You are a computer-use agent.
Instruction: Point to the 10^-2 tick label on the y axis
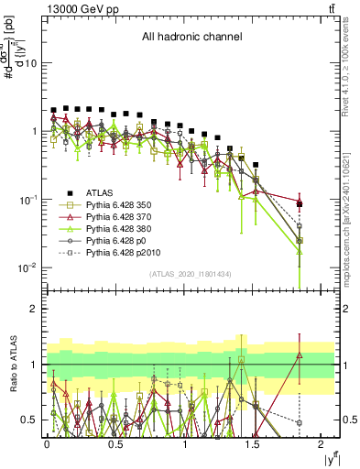click(x=27, y=267)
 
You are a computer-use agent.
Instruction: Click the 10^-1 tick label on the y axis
click(x=27, y=199)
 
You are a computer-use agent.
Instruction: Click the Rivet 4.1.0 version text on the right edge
click(x=351, y=62)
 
